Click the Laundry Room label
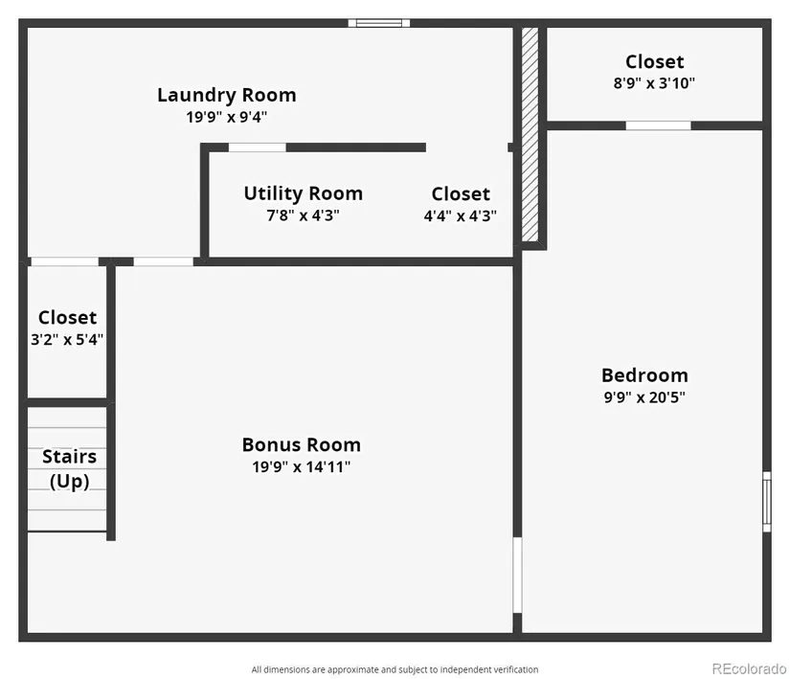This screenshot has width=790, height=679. point(227,95)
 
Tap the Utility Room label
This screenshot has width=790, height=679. point(304,193)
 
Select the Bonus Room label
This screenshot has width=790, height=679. point(302,444)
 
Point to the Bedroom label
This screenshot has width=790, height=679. point(644,375)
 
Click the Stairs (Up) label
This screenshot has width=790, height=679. point(70,468)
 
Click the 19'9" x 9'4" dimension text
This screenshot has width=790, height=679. point(227,117)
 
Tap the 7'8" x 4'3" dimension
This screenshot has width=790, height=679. point(303,215)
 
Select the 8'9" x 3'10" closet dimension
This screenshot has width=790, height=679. point(654,83)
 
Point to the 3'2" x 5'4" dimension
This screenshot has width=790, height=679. point(67,339)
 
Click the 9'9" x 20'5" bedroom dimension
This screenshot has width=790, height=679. point(644,397)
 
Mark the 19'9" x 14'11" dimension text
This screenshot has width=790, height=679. point(302,467)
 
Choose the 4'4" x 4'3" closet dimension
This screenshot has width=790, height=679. point(460,216)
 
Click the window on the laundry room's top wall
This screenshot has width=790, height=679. point(379,23)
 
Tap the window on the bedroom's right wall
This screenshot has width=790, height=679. point(767,501)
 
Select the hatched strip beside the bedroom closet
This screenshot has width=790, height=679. point(530,134)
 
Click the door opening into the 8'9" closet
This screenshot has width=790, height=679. point(658,125)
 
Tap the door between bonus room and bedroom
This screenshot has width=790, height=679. point(517,575)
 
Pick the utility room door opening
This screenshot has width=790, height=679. point(258,147)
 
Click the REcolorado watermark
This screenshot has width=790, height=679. point(749,668)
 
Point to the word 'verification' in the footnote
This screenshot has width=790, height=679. point(516,669)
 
